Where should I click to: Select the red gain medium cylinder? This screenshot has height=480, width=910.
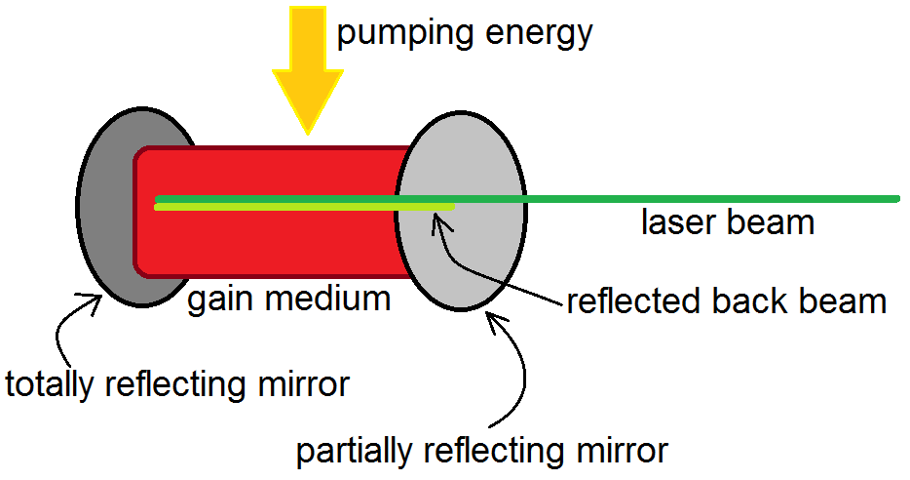click(x=273, y=244)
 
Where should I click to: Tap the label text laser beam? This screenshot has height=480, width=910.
click(x=727, y=222)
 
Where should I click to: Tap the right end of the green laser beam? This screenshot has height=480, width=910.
click(x=893, y=200)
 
